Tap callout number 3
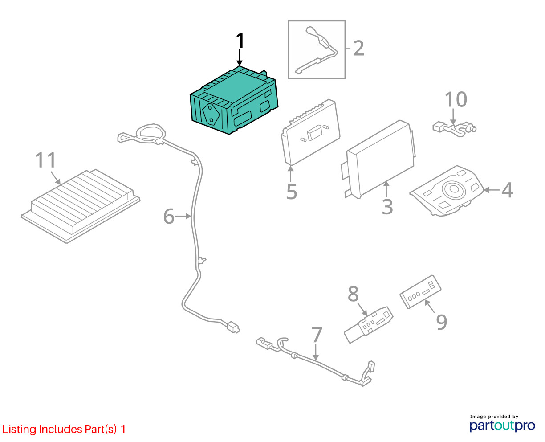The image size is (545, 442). (387, 207)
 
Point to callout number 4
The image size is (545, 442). (507, 190)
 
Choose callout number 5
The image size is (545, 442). (292, 191)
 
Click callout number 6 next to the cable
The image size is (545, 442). (169, 216)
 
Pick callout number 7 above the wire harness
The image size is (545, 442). (317, 335)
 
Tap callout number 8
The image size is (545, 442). (353, 294)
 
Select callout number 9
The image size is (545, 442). (441, 322)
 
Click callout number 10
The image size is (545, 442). (456, 99)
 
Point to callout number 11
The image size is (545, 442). (45, 160)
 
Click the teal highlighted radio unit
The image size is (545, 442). (234, 100)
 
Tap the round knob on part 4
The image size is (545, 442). (454, 189)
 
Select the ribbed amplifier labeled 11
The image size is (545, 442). (81, 206)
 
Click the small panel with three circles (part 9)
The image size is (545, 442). (420, 292)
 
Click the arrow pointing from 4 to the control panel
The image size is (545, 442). (492, 190)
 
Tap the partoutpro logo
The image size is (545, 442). (502, 426)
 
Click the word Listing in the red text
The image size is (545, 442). (20, 430)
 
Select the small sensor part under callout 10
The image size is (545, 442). (454, 128)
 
